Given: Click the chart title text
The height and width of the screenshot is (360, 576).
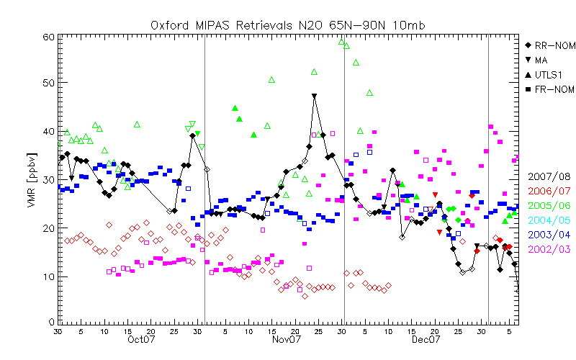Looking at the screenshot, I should pyautogui.click(x=288, y=24).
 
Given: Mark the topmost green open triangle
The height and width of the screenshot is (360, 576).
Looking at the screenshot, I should pyautogui.click(x=342, y=41).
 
